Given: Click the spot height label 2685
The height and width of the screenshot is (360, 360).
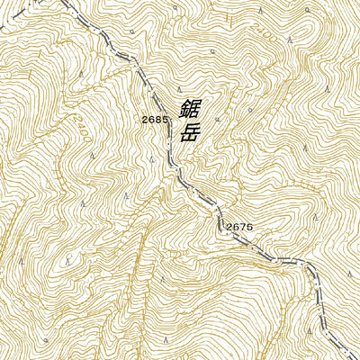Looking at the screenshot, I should point(154,120).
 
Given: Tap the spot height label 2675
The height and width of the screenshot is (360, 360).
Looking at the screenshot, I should point(238,227).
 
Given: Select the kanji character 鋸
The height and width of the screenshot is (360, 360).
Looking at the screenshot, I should point(189,110).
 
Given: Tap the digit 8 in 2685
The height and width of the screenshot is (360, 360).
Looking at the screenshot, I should point(157,120).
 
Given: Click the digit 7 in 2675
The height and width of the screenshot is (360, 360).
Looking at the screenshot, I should point(242,227).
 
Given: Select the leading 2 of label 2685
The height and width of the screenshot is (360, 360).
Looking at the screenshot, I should point(144,120).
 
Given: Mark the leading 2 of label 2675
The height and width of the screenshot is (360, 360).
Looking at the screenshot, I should point(229,227).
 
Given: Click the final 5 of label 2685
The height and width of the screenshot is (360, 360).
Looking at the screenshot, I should point(164,120).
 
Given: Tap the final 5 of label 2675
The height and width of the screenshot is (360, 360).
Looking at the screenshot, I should point(249,227).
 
